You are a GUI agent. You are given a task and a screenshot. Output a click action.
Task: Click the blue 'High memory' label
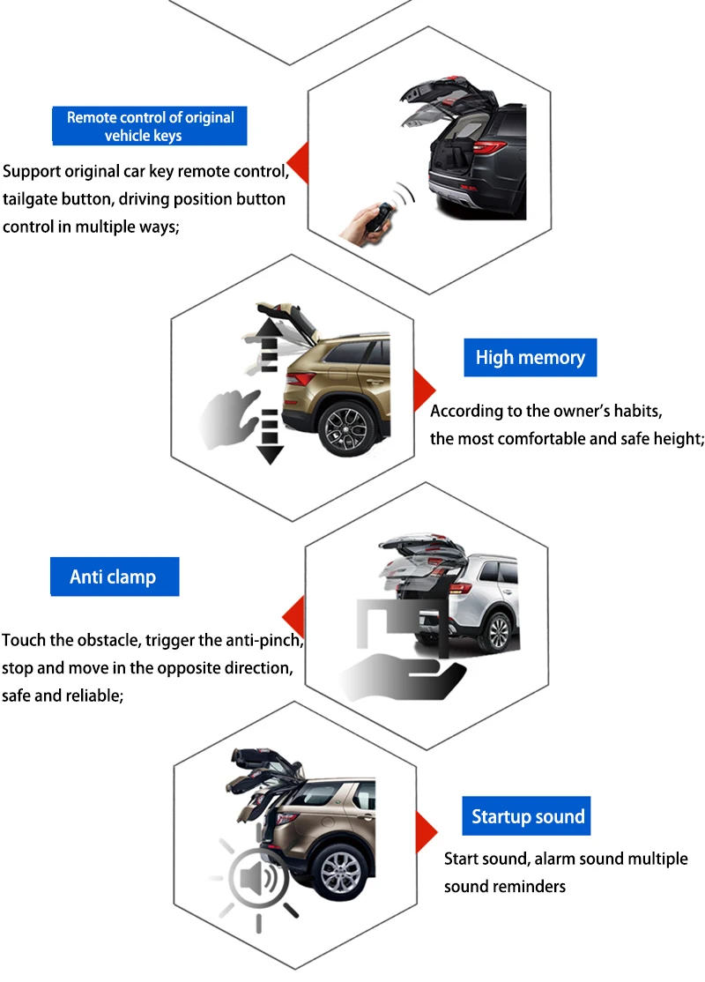530,358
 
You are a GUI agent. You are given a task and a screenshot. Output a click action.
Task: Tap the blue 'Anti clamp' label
114,577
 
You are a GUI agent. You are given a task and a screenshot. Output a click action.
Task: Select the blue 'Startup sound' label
527,816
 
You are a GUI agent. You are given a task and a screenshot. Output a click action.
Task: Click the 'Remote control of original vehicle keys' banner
150,126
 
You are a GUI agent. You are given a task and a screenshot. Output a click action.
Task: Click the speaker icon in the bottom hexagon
258,878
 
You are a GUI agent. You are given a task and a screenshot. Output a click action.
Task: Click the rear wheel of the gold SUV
345,426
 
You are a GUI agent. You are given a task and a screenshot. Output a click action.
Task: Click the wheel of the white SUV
499,632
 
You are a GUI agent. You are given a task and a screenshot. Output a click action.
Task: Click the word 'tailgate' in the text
32,199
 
